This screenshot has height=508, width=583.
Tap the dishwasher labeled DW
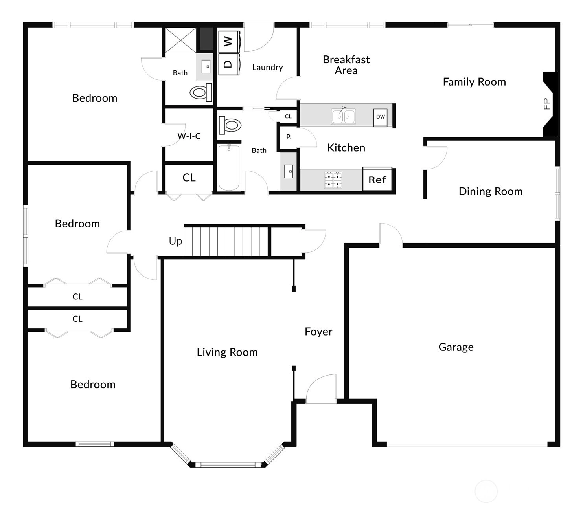click(x=381, y=117)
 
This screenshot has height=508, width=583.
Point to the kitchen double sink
click(x=343, y=116)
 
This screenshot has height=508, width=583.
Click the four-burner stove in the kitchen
click(x=333, y=180)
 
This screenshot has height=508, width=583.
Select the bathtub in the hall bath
click(x=229, y=168)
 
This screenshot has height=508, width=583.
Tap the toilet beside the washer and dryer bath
click(x=201, y=92)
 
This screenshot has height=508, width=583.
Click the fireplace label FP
click(x=546, y=104)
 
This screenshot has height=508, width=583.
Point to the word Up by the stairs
click(x=175, y=241)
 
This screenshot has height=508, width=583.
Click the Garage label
click(x=456, y=347)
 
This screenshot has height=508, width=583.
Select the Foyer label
click(x=318, y=332)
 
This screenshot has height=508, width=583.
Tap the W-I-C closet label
click(x=189, y=136)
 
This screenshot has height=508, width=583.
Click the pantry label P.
click(x=289, y=137)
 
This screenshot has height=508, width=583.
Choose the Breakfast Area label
click(x=346, y=65)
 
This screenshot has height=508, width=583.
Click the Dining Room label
click(x=490, y=191)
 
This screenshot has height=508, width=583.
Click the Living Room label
click(x=227, y=352)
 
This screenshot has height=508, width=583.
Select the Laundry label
click(x=268, y=68)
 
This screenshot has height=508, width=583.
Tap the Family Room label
click(x=474, y=82)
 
